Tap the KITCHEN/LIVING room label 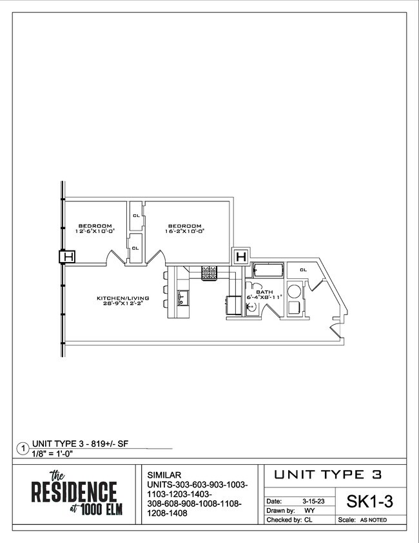tap(123, 300)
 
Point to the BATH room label tap(265, 294)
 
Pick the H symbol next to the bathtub tap(241, 257)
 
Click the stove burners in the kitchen tap(210, 273)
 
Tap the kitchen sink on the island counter tap(182, 298)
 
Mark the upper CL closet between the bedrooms tap(136, 216)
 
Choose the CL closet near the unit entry tap(302, 270)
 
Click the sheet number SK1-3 tap(371, 501)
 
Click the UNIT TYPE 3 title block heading tap(327, 475)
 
